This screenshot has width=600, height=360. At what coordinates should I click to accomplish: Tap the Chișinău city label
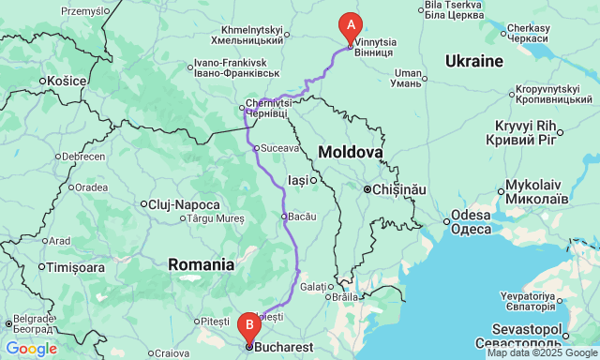pos(397,189)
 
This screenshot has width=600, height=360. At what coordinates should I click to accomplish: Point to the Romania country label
pos(201,264)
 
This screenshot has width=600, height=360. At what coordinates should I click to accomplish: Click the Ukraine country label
pos(474,61)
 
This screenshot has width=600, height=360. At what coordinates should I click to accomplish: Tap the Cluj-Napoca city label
pos(185,204)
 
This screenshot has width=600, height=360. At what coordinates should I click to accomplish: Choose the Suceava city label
pos(278,148)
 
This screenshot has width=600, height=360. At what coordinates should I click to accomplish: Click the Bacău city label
pos(301,217)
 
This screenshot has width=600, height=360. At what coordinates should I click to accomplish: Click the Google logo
pos(30,349)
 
